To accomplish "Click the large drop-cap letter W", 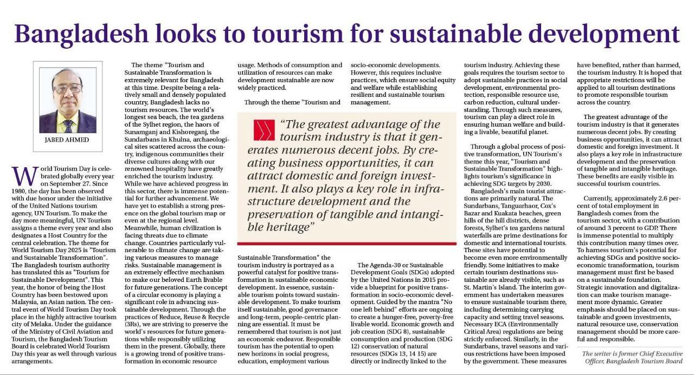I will pyautogui.click(x=23, y=176).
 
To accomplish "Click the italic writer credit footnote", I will pyautogui.click(x=632, y=357).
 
